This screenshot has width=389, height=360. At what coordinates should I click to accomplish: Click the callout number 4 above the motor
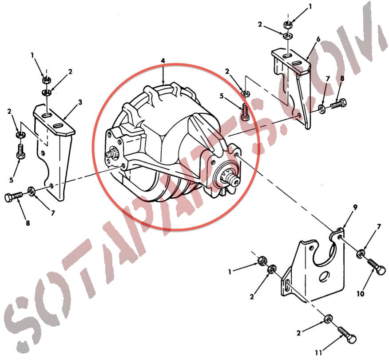[163, 61]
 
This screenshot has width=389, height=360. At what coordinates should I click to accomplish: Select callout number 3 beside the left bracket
[80, 102]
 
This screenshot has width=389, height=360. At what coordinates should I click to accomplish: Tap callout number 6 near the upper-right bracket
[318, 39]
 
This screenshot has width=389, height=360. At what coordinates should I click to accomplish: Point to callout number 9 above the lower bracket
[355, 207]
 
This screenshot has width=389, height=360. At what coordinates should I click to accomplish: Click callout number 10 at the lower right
[360, 294]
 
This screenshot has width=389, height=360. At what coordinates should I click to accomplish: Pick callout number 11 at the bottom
[318, 352]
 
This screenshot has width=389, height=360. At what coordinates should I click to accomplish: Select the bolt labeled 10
[377, 266]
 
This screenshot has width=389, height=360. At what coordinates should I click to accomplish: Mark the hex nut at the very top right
[288, 24]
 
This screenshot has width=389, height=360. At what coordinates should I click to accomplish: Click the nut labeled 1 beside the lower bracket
[262, 261]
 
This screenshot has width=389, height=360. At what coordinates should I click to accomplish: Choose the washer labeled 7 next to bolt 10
[360, 254]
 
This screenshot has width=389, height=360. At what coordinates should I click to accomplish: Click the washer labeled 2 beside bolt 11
[329, 319]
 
